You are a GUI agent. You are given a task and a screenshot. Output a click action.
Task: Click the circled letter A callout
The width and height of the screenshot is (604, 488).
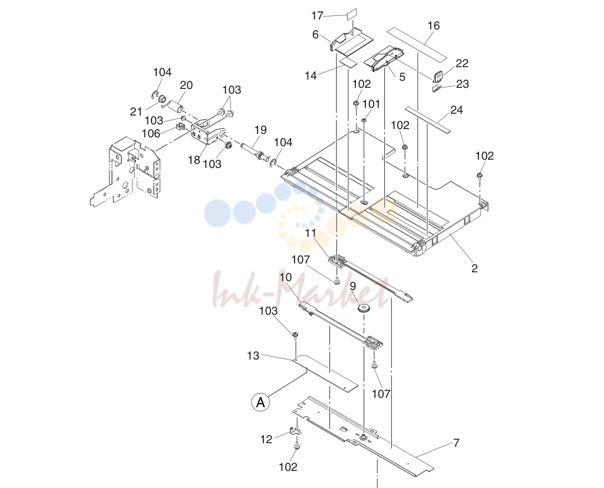coord(260,402)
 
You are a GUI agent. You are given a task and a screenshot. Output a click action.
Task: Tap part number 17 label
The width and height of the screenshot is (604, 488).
coord(318,16)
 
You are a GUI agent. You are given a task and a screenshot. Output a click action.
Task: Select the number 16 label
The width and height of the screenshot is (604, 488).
coord(433,26)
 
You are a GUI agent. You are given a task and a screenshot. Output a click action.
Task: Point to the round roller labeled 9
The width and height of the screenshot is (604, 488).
coord(363,308)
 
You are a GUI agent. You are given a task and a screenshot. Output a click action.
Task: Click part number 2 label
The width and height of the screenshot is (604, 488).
coord(474,268)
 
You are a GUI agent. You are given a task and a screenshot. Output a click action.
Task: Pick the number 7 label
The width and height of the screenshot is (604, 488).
coord(456,443)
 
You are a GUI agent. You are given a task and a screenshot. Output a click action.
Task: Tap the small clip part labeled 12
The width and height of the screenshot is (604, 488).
coord(295,431)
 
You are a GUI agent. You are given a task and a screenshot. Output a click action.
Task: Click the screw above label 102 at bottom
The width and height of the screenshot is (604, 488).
coord(296,447)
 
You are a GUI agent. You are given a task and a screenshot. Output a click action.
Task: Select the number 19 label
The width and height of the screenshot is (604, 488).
coord(260,130)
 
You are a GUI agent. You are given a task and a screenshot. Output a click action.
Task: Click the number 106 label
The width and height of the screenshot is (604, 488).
coord(151,133)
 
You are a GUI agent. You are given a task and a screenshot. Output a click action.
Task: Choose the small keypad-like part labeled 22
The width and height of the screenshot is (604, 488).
coord(438,76)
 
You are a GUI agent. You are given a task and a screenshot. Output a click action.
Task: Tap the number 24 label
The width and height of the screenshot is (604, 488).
coord(456,110)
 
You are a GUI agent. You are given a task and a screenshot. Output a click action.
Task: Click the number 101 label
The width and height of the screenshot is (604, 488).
coord(371,104)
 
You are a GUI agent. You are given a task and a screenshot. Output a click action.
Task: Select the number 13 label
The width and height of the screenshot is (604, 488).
coord(253,355)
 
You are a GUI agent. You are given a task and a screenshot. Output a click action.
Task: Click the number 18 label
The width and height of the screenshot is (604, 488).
coord(194,160)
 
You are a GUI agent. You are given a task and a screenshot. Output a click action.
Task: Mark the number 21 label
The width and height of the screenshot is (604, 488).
coord(136,112)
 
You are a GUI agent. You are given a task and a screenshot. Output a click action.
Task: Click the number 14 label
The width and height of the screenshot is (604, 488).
coord(311,75)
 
